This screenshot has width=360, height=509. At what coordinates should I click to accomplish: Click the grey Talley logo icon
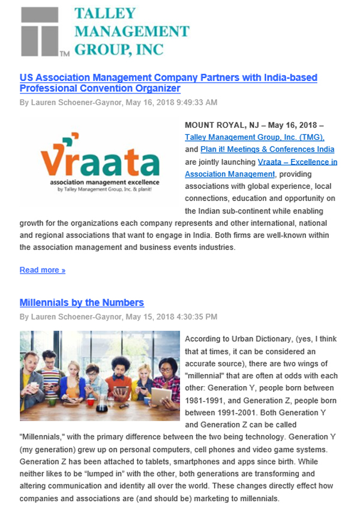[x=40, y=32]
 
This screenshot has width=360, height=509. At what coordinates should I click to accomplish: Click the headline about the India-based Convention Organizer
[x=168, y=83]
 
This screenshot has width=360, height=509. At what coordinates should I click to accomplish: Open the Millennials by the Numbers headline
[x=82, y=303]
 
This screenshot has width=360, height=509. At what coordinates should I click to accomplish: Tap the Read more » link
[x=43, y=270]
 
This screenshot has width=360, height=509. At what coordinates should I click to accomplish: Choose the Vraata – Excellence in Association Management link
[x=261, y=168]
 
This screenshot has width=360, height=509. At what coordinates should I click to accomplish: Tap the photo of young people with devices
[x=100, y=376]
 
